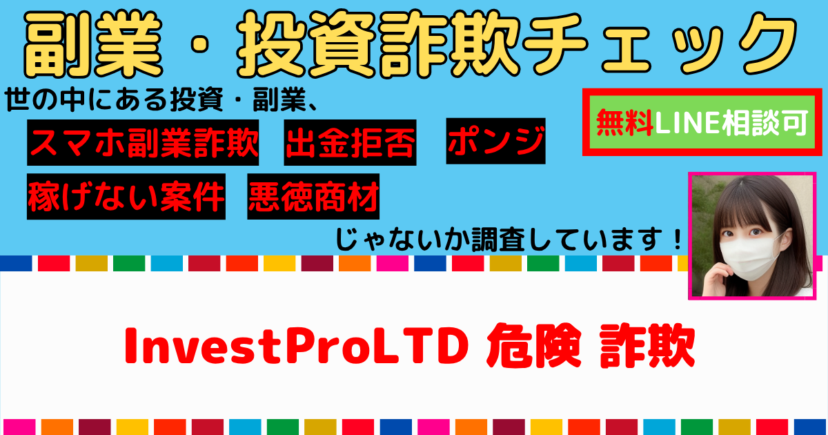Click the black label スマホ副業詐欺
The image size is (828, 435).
(x=143, y=142)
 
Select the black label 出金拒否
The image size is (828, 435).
(x=350, y=142)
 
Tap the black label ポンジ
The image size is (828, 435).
(x=495, y=141)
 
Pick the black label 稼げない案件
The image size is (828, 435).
(x=126, y=196)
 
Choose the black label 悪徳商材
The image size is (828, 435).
(x=313, y=196)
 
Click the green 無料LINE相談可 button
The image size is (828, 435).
(x=702, y=122)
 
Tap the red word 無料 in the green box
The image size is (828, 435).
(x=624, y=122)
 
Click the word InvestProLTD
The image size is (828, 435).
(x=297, y=346)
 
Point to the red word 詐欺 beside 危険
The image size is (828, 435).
(x=647, y=345)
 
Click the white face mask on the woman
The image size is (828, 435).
(x=751, y=259)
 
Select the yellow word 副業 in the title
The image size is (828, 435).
(x=93, y=44)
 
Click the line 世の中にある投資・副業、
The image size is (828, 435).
(x=161, y=100)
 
